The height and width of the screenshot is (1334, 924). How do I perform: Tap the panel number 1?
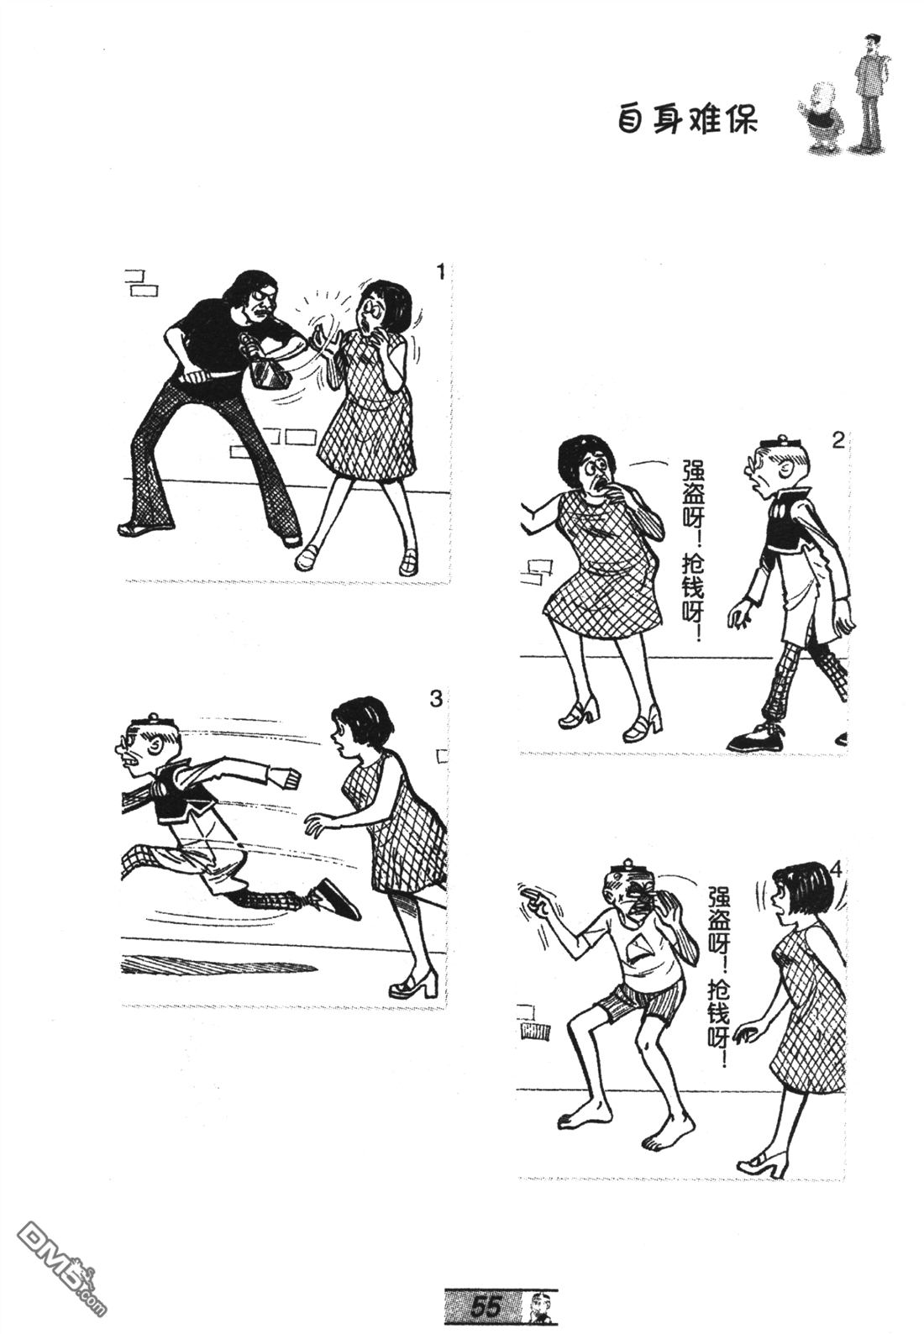pos(440,272)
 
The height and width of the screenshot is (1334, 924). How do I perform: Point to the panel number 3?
pos(436,698)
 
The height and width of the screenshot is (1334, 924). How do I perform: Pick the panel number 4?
pos(835,869)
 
